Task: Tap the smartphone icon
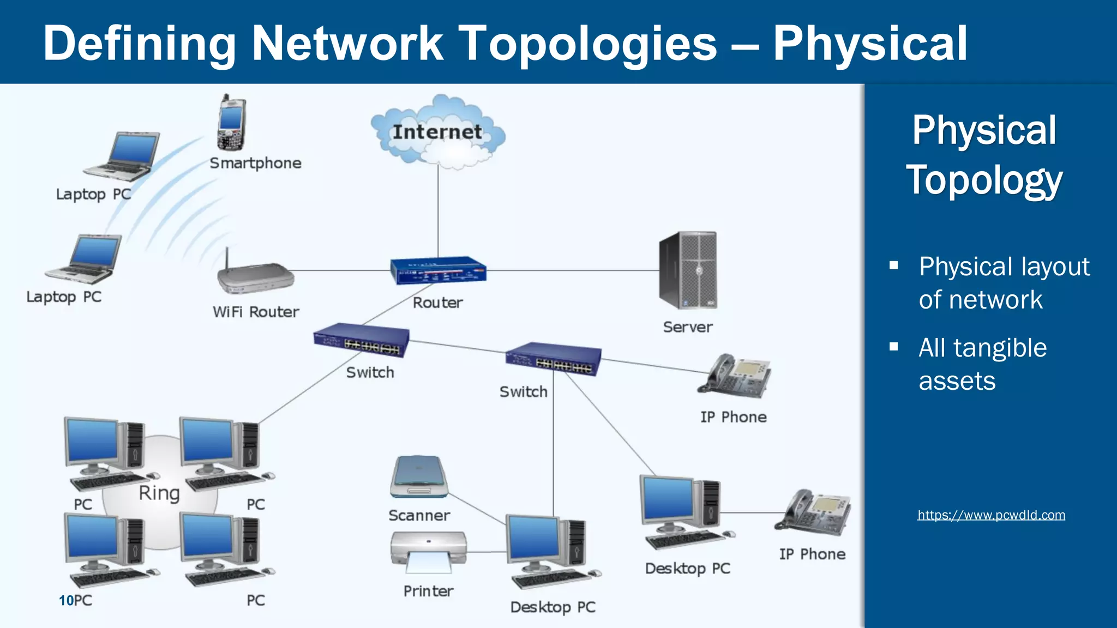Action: [231, 124]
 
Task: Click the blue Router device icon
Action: [438, 270]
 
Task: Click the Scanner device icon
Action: [419, 477]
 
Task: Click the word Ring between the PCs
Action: [159, 493]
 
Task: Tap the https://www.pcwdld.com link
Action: [991, 515]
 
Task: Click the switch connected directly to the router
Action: [361, 341]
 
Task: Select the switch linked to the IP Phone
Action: [553, 359]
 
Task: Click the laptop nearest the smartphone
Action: [123, 156]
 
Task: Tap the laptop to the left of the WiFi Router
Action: [85, 259]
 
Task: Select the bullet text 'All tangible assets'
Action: [982, 364]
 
